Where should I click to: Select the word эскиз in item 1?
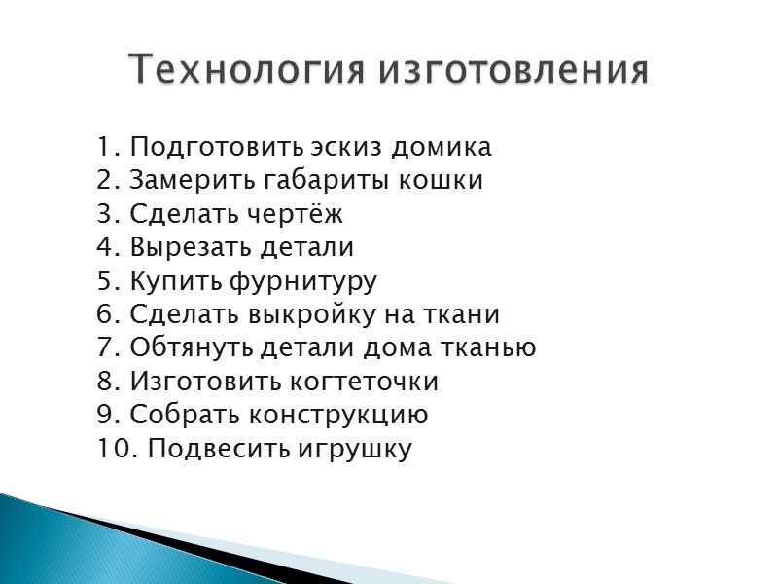345,148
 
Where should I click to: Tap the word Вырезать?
181,248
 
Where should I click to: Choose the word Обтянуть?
189,348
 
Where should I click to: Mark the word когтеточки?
362,382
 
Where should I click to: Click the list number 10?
110,449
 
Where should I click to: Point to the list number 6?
105,315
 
